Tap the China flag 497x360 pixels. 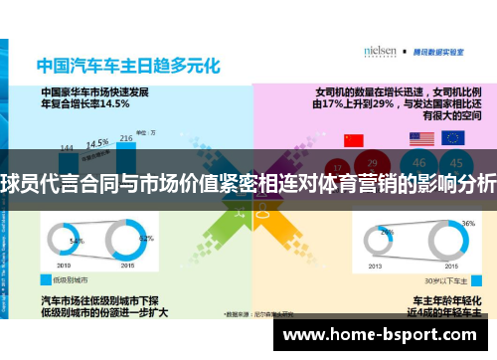coord(353,139)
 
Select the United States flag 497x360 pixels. coord(420,139)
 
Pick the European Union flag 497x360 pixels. coord(453,139)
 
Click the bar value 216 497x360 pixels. coord(126,138)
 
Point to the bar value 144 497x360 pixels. coord(67,148)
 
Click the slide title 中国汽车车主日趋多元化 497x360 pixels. coord(127,67)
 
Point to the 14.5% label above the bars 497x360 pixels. coord(96,142)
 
